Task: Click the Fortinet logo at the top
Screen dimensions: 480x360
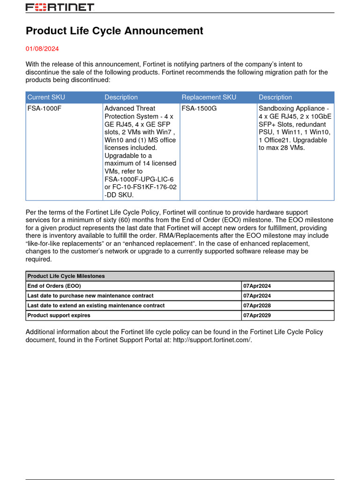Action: pos(60,7)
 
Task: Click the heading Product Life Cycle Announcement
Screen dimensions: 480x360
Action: pos(114,31)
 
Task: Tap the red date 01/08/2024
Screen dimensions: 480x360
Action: pos(42,49)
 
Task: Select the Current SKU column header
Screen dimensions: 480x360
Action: pos(46,97)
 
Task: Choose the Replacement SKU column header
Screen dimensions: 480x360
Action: pos(209,97)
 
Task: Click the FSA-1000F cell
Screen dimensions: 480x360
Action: pos(44,108)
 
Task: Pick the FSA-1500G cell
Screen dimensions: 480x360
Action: pos(199,108)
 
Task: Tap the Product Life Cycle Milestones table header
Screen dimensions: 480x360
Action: pos(66,276)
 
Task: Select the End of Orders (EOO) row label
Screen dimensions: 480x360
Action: pos(54,286)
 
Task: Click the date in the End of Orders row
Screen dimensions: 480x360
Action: pos(257,286)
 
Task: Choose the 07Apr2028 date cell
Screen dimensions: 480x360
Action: pos(257,306)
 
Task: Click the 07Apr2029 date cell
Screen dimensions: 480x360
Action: pos(257,315)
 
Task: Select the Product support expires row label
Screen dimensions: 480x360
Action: pos(59,315)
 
